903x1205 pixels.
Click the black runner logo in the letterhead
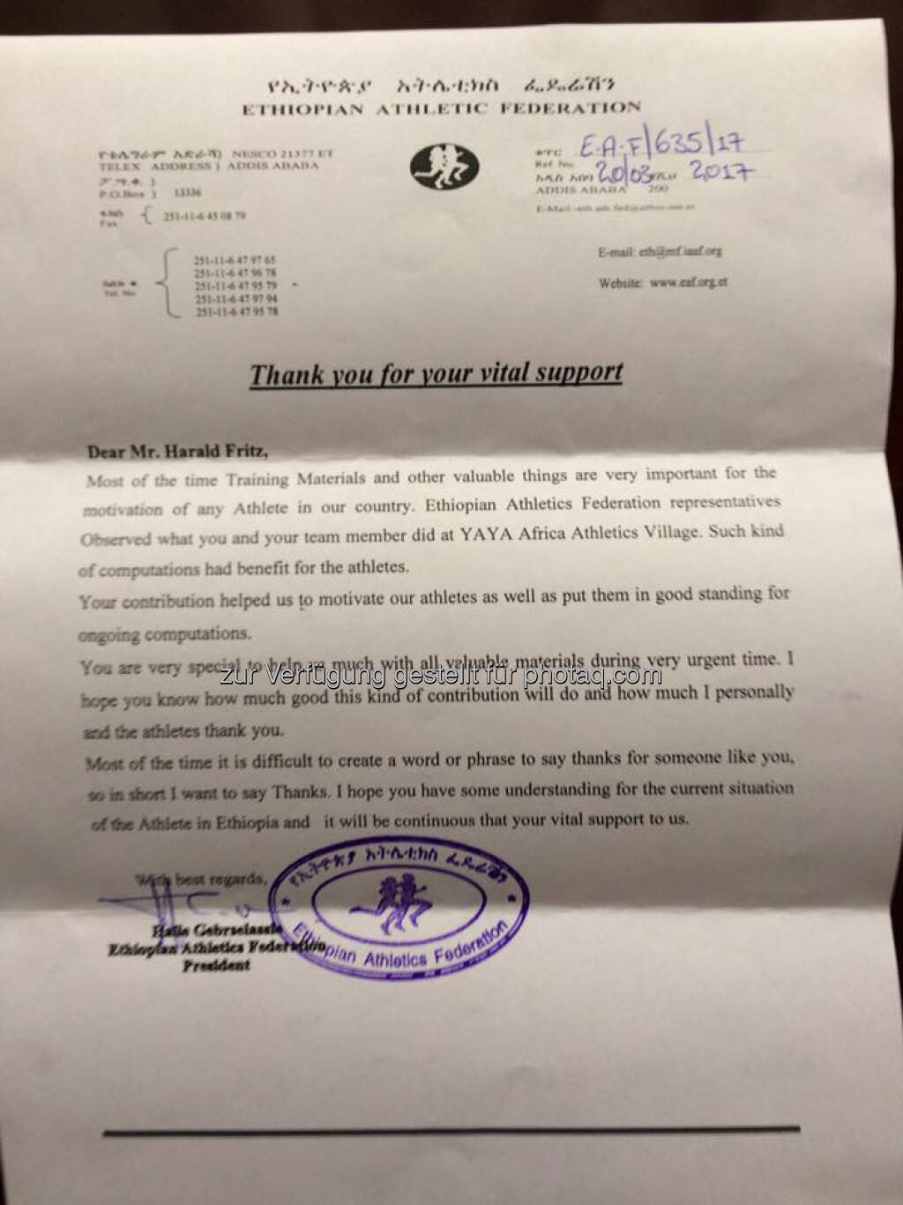point(444,167)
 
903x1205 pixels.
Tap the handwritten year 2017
point(720,170)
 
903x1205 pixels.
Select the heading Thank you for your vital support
point(437,374)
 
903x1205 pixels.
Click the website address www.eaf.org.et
point(688,283)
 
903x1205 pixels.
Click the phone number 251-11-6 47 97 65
point(235,261)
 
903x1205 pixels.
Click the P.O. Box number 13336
point(188,192)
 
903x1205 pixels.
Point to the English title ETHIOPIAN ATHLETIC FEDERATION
point(441,109)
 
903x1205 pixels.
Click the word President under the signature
point(216,966)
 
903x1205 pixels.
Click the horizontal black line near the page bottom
point(451,1128)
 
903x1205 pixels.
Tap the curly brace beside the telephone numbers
point(164,283)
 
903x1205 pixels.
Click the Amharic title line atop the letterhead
point(441,86)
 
